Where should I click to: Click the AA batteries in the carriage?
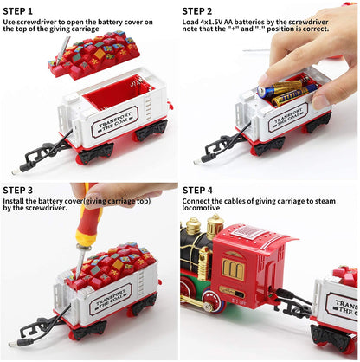pos(281,90)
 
